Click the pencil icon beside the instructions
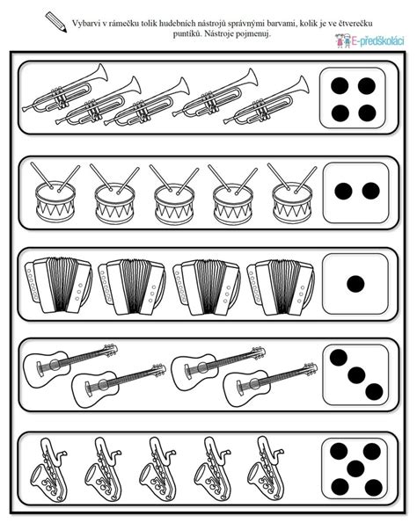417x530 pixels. coord(56,20)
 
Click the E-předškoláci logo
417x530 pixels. coord(369,40)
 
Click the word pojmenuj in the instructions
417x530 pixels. coord(252,33)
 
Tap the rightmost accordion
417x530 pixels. coord(279,285)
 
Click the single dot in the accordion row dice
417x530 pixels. coord(355,283)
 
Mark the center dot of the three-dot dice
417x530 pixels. coord(355,374)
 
